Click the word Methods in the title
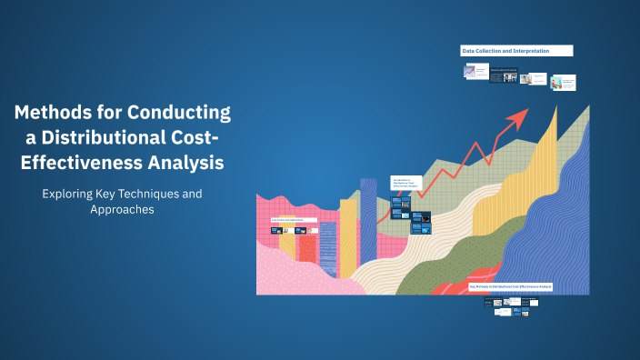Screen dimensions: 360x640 tap(53, 115)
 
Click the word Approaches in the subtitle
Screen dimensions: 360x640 tap(121, 209)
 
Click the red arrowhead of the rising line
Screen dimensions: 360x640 tap(519, 117)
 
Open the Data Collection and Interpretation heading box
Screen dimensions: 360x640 tap(516, 51)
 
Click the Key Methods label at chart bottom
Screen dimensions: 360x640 tap(511, 285)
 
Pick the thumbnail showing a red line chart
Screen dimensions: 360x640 tap(470, 70)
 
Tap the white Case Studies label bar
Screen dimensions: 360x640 tap(294, 220)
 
